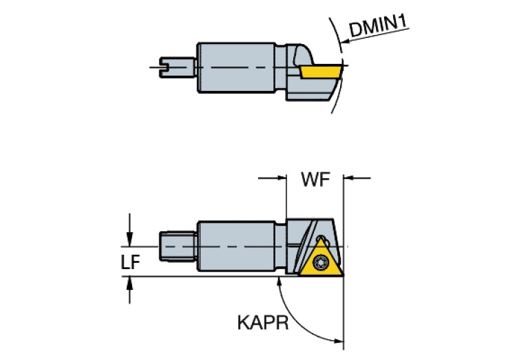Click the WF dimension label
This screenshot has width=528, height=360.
tap(315, 179)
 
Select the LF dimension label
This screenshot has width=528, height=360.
tap(130, 262)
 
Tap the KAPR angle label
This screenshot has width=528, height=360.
tap(263, 323)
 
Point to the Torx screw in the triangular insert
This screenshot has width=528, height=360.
tap(319, 262)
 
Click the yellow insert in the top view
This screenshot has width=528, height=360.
tap(321, 72)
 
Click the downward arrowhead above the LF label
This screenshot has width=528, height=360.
tap(129, 239)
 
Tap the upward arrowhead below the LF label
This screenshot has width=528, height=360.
tap(129, 284)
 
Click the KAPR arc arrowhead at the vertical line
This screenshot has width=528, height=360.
tap(338, 341)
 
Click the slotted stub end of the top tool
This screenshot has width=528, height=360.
tap(177, 67)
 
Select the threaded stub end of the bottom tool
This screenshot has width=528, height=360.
tap(178, 246)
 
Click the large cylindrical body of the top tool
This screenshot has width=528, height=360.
tap(237, 67)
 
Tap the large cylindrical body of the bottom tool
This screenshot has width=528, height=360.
tap(237, 246)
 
